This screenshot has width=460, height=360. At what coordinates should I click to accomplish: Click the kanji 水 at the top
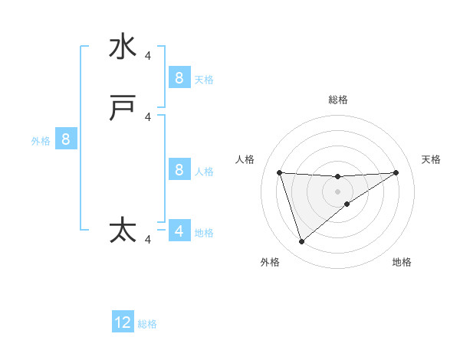(x=123, y=47)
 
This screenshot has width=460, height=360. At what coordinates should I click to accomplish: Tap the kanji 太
(x=123, y=231)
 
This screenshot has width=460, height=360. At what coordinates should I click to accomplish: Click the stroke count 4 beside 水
(x=148, y=55)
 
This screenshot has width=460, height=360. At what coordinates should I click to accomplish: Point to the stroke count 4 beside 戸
(x=148, y=117)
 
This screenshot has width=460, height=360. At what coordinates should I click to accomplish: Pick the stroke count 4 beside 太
(x=148, y=240)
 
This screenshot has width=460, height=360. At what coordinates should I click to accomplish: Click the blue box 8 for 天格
(x=179, y=77)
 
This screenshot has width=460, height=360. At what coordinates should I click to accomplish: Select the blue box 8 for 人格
(x=179, y=169)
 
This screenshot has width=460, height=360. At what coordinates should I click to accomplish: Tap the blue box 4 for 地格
(x=179, y=231)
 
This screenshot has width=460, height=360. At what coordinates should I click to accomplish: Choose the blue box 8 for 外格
(x=66, y=139)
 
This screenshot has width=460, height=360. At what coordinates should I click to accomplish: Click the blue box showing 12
(x=123, y=322)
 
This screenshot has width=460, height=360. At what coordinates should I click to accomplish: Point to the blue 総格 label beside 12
(x=147, y=324)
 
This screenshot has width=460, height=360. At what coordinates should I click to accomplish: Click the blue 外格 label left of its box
(x=41, y=141)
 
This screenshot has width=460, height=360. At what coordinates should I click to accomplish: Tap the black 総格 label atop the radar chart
(x=337, y=100)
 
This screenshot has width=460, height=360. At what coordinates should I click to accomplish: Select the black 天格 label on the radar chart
(x=431, y=159)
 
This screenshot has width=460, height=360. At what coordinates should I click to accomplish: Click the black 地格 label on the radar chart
(x=402, y=262)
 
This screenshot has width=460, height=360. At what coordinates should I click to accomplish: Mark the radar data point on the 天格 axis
(x=396, y=172)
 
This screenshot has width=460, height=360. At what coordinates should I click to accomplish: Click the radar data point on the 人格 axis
(x=279, y=172)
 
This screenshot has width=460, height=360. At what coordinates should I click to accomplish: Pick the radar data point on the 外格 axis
(x=301, y=242)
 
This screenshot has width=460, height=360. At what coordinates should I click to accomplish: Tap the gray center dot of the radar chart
(x=337, y=191)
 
